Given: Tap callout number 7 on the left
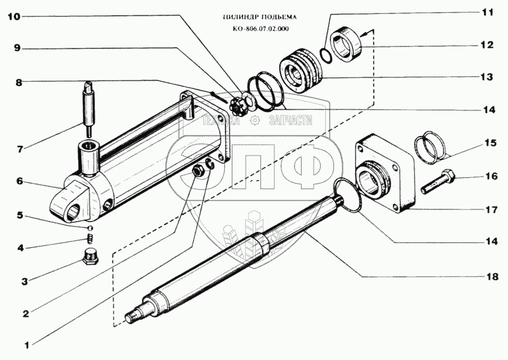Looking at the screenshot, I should pos(20,149).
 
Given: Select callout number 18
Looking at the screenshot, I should pos(493,277).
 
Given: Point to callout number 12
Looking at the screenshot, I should pos(486,45).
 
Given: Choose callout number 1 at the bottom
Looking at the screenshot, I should pos(26,346).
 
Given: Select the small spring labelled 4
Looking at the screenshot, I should pos(90,239).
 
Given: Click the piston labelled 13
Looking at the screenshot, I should pos(298,68).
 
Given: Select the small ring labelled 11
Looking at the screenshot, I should pos(326,55).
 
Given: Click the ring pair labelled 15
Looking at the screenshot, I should pos(432,145).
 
